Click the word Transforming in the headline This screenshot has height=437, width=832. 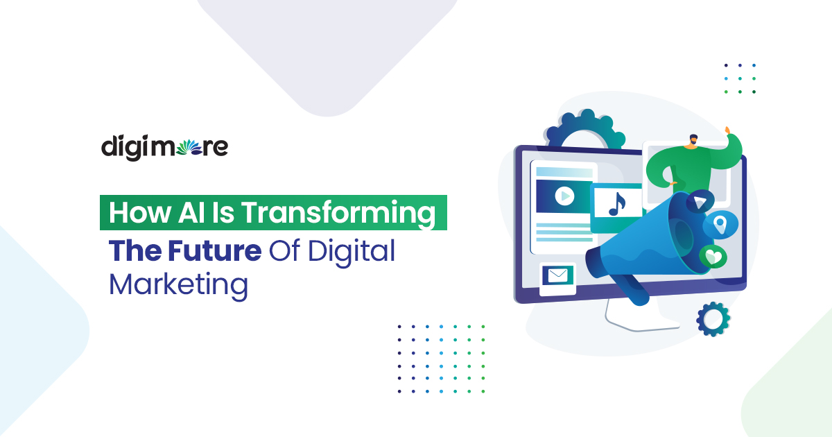coord(338,213)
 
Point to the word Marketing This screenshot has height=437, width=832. coord(178,285)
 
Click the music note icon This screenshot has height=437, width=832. coord(616,203)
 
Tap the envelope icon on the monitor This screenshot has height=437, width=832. coord(557,276)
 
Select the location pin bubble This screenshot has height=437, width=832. coord(720,224)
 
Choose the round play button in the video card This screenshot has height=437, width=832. coord(564,197)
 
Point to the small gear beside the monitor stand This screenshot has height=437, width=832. coord(712,319)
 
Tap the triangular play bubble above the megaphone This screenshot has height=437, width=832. coord(700,200)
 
